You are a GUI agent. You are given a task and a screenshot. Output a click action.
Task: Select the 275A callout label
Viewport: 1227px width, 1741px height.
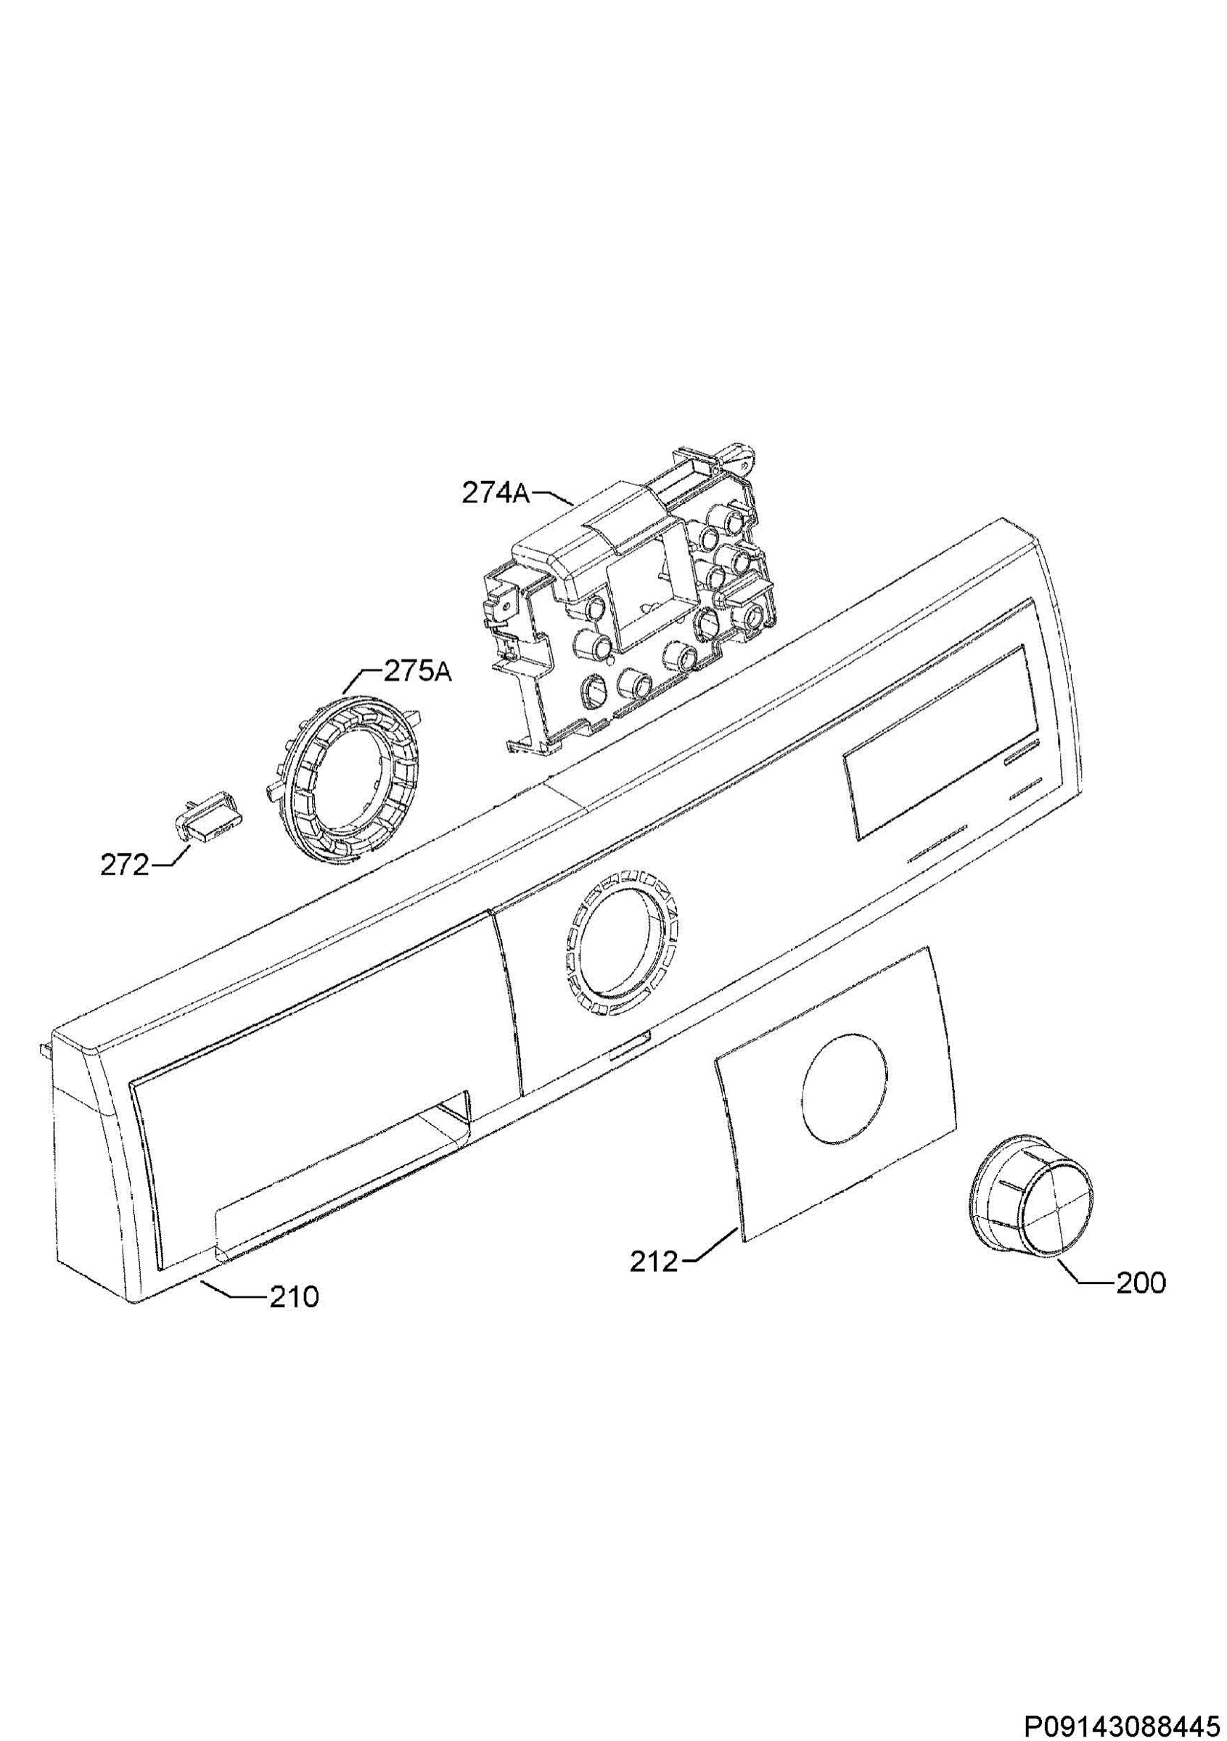418,672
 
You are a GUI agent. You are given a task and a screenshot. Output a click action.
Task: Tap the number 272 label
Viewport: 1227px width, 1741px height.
124,865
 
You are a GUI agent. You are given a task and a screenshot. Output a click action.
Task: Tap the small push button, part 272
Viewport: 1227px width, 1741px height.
205,815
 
